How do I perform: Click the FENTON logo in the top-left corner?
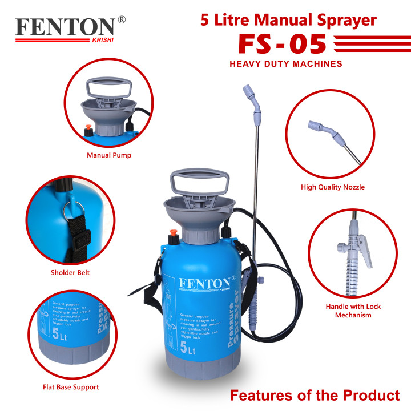[x=65, y=28]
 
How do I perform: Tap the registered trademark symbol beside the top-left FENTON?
[x=121, y=20]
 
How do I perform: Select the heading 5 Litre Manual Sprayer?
[x=288, y=21]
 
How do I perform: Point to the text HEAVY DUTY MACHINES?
[x=285, y=65]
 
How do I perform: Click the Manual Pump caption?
[x=108, y=155]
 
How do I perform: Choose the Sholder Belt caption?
[x=70, y=272]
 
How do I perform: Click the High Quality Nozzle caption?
[x=332, y=187]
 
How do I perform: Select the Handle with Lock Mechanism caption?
[x=353, y=311]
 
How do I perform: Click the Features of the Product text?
[x=315, y=395]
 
